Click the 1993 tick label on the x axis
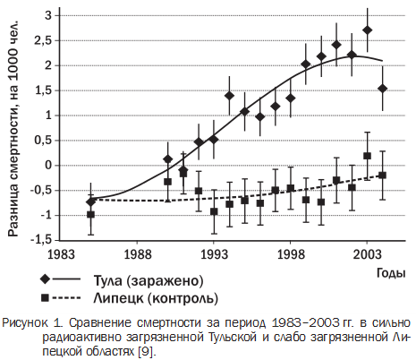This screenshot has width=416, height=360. pos(214,254)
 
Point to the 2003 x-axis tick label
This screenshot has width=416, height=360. pos(367,254)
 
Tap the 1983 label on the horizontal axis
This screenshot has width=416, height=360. pos(61,254)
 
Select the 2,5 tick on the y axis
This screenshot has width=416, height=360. pos(44,40)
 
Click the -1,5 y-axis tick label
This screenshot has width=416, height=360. pos(41,240)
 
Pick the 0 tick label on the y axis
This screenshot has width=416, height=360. pos(48,165)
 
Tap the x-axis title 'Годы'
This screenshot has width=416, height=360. pos(391,273)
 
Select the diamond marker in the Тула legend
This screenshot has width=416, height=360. pos(46,279)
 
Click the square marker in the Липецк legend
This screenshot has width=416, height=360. pos(46,297)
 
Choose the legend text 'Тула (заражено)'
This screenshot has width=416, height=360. pos(149,280)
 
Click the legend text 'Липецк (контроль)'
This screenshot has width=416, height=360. pos(156,298)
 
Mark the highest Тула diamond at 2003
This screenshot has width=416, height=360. pos(368,30)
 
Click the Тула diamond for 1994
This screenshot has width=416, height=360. pos(229,96)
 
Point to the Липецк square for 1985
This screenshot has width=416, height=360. pos(90,214)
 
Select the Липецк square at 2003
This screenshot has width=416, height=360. pos(368,156)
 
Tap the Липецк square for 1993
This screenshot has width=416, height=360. pos(214,212)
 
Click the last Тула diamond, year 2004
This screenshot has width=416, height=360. pos(383,89)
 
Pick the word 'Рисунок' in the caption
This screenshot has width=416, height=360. pos(25,323)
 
